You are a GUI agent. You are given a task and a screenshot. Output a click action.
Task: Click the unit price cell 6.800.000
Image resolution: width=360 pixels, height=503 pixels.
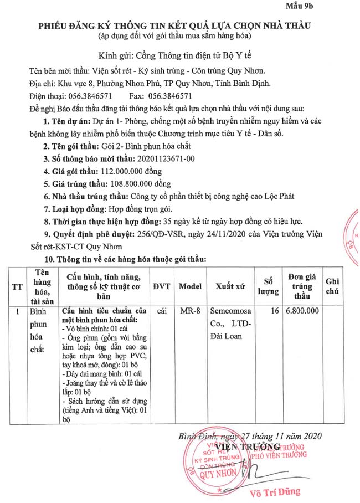(302, 311)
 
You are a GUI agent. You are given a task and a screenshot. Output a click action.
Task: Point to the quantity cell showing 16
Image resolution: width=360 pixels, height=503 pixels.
(274, 311)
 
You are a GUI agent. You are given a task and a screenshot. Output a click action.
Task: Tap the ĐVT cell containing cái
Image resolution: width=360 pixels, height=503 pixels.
(162, 311)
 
